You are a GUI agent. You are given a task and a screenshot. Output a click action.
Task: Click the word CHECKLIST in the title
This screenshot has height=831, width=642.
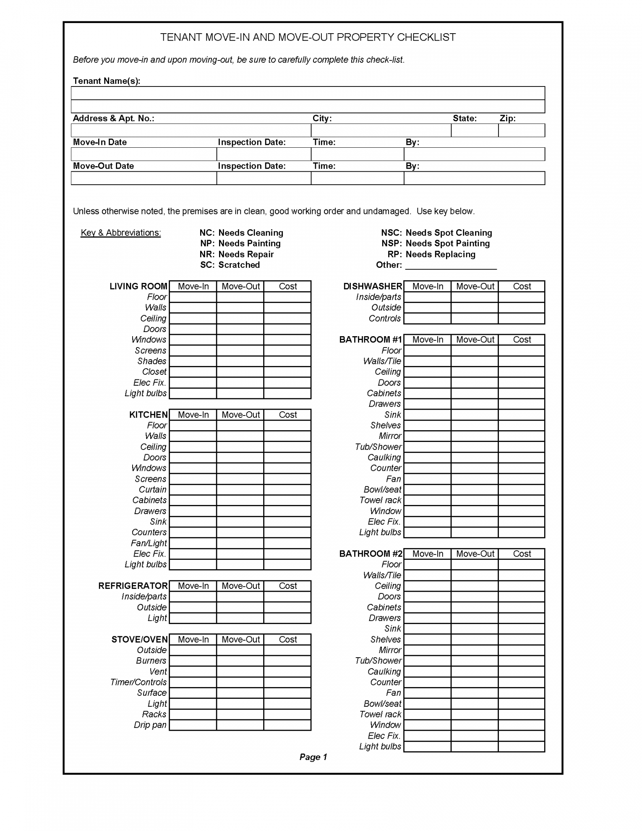tap(426, 37)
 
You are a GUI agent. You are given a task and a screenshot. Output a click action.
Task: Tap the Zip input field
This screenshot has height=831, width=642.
tap(522, 131)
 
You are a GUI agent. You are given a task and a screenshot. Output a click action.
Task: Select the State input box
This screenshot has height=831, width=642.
tap(475, 131)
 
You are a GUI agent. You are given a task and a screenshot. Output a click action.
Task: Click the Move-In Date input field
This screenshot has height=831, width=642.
tap(144, 154)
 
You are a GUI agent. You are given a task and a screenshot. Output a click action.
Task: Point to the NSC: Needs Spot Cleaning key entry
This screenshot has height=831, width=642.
tap(436, 233)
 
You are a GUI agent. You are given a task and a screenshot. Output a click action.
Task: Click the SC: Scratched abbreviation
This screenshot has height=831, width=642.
tap(230, 265)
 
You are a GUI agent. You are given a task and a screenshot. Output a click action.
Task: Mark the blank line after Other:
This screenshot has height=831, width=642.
tap(451, 266)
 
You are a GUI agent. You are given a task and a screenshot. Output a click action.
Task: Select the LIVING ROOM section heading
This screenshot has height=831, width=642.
tap(138, 287)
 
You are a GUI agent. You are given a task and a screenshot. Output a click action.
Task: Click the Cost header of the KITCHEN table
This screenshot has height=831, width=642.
tap(288, 415)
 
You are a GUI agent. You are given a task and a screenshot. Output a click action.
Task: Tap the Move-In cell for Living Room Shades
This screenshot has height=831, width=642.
tap(193, 361)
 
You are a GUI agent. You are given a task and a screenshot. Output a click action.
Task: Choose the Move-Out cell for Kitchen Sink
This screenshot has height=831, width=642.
tap(240, 522)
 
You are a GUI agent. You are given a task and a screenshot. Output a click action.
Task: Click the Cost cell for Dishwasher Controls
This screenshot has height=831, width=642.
tap(522, 319)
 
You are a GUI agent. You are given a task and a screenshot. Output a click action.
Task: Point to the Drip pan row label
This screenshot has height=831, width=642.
tap(150, 725)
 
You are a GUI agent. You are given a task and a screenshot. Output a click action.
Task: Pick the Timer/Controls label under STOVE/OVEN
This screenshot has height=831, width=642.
tap(138, 682)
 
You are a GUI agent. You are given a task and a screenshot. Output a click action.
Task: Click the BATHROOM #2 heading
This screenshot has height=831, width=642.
tap(371, 554)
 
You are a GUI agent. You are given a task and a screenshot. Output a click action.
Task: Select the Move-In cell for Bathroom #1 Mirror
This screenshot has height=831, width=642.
tap(427, 436)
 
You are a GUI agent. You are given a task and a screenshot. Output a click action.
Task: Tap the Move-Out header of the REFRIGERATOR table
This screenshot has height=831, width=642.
tap(240, 586)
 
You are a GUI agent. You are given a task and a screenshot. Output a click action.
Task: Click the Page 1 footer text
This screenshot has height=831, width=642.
tap(313, 757)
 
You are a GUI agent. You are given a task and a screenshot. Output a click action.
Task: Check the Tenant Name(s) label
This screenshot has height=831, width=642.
tap(107, 81)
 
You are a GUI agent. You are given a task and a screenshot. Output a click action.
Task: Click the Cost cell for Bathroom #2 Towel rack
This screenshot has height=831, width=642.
tap(522, 714)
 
